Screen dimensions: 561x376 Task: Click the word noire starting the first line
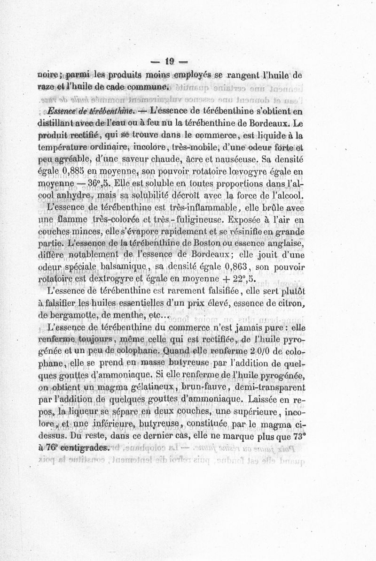point(48,75)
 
